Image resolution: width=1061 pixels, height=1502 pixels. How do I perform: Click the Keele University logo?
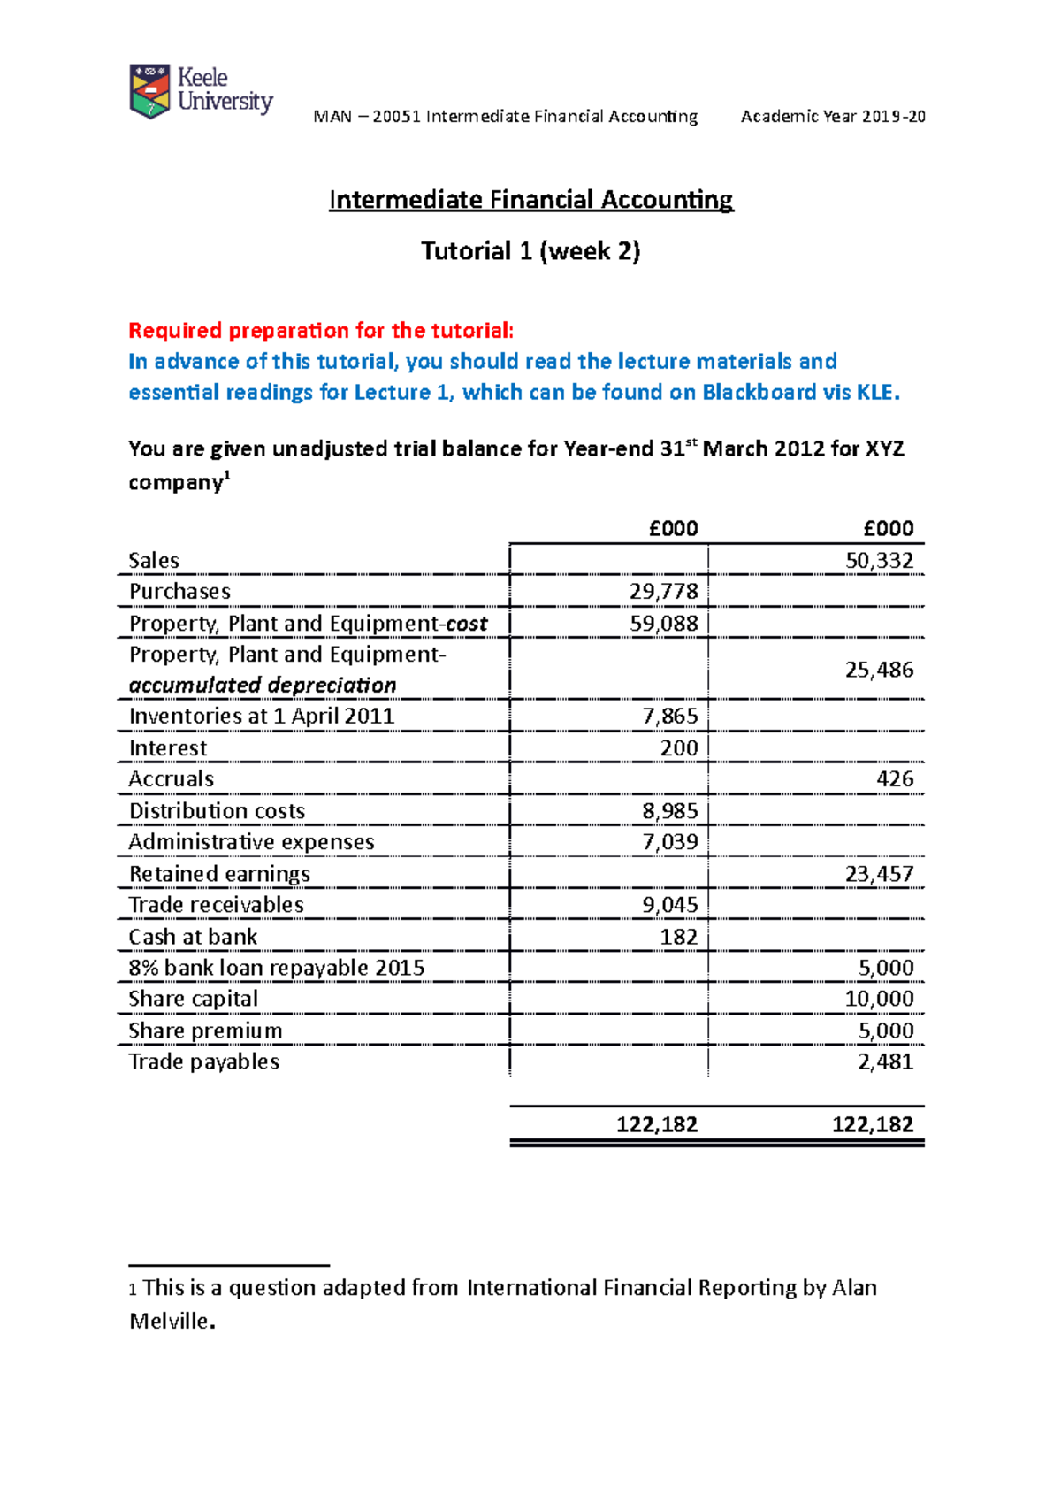pos(201,91)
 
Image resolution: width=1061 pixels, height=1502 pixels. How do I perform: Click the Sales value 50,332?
pos(879,560)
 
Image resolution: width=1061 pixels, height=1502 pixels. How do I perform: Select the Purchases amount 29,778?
pos(663,591)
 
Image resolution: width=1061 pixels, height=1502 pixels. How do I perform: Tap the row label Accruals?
pos(172,778)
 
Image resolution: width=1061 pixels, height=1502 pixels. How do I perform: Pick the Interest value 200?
pos(679,747)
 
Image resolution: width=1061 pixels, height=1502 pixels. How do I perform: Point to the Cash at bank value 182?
pos(679,936)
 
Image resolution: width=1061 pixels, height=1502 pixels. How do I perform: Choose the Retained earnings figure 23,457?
pos(879,873)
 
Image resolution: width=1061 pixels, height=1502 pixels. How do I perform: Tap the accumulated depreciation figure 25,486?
pos(879,669)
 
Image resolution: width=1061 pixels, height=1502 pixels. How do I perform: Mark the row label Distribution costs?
pos(217,810)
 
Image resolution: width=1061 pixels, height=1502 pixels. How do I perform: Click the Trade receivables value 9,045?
pos(669,904)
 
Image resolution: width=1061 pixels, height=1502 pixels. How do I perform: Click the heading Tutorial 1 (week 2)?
pos(530,251)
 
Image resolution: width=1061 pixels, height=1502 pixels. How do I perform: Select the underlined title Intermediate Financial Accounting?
pos(530,200)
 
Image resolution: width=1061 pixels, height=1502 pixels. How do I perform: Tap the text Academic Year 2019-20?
pos(833,116)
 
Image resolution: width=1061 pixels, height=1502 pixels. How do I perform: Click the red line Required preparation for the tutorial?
pos(321,331)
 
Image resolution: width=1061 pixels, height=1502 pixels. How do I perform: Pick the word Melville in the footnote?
pos(170,1321)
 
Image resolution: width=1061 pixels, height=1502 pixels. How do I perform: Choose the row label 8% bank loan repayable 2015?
pos(277,967)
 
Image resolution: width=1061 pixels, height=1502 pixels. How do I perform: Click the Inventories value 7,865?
pos(669,716)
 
